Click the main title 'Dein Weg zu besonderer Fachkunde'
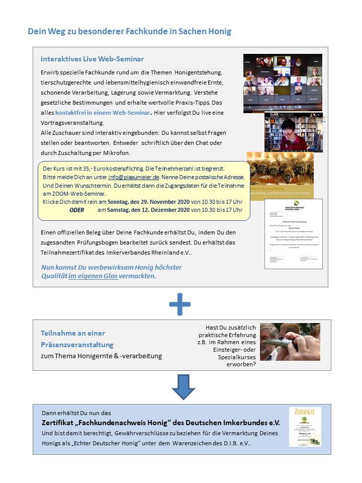click(130, 31)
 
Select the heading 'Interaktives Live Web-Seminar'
click(92, 59)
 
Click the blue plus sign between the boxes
click(179, 304)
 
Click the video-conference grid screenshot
click(283, 83)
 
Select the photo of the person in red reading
click(294, 132)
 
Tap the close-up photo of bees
click(280, 169)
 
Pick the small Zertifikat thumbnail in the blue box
click(305, 427)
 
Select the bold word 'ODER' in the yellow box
click(76, 210)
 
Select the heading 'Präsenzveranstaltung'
click(77, 345)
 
